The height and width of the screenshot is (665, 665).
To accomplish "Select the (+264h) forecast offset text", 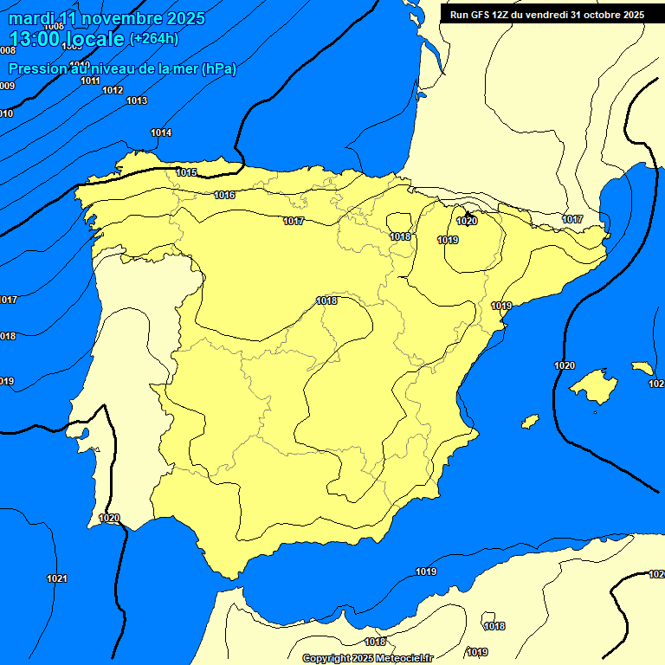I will [x=154, y=38].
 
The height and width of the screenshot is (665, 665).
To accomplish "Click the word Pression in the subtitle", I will [x=36, y=68].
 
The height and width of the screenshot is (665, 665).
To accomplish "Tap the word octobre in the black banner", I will [x=597, y=15].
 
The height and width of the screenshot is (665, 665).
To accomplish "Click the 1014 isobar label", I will [x=161, y=132].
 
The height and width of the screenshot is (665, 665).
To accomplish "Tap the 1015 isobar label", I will [x=186, y=172].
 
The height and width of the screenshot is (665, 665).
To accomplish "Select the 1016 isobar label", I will [x=224, y=195].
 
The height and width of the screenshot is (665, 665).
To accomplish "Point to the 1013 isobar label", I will [x=136, y=100].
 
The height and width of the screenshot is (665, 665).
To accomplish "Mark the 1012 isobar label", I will [x=113, y=90].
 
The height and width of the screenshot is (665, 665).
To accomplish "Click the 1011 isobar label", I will [x=90, y=81].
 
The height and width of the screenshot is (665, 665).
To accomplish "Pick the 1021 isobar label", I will [x=57, y=578].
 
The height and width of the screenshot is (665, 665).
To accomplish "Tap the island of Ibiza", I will [x=530, y=421].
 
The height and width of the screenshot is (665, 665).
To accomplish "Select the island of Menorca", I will [x=642, y=368].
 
